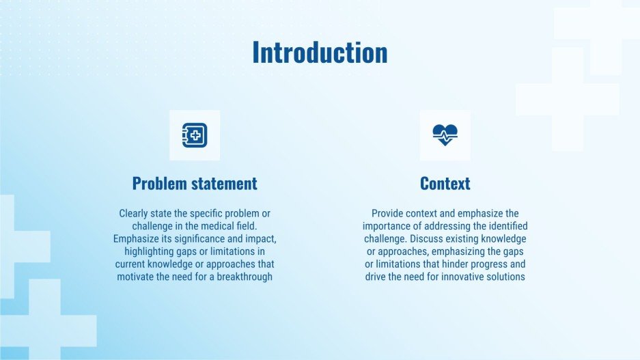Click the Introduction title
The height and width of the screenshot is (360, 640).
320,53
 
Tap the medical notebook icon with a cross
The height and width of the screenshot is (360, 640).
195,135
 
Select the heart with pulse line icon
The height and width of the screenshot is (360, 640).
445,135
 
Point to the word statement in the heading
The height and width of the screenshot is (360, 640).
223,184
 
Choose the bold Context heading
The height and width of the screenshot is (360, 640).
445,184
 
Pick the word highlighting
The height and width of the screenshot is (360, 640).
151,251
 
